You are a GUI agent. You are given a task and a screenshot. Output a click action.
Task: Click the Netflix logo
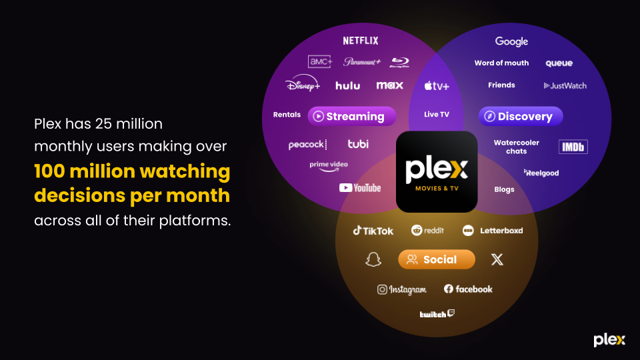point(361,41)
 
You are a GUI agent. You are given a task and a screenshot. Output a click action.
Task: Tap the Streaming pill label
point(352,116)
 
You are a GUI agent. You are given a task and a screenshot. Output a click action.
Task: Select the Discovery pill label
point(521,116)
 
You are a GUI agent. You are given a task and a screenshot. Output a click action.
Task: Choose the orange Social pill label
point(437,259)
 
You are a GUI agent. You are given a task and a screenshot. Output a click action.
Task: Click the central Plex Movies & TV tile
point(437,172)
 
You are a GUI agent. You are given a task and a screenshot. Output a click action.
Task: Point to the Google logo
point(511,41)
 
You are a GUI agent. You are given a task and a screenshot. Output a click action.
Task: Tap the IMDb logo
point(573,147)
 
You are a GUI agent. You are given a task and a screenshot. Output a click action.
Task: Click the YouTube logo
point(360,188)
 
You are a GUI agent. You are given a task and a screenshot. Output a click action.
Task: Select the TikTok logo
point(373,231)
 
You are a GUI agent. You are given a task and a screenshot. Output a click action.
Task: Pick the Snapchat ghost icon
point(373,259)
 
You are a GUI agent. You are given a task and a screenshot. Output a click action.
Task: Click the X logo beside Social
point(497,259)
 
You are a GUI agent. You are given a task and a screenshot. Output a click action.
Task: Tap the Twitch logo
point(437,313)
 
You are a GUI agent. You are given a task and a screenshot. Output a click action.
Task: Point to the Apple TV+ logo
point(437,86)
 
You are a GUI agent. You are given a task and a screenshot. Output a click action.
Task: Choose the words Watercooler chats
point(516,147)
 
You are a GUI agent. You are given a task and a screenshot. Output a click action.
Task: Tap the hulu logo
point(347,85)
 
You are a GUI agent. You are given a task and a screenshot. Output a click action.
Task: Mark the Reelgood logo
point(541,173)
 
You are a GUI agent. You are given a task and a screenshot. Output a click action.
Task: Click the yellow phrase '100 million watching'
point(132,171)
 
